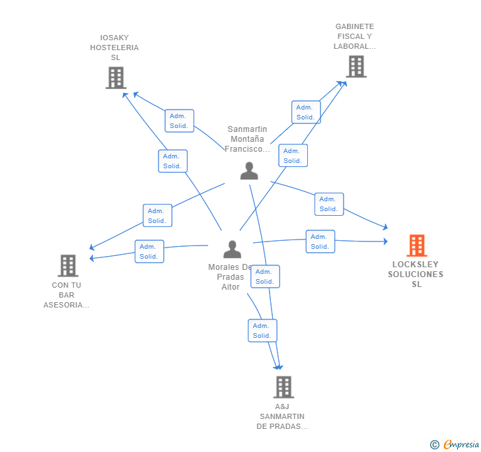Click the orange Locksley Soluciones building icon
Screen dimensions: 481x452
click(x=417, y=245)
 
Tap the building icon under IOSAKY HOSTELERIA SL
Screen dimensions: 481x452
click(x=116, y=78)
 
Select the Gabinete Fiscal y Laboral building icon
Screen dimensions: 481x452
click(x=356, y=67)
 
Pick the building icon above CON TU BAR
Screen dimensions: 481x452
click(x=68, y=266)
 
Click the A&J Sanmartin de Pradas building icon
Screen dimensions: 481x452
click(x=283, y=387)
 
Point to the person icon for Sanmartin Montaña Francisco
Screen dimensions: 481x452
click(x=249, y=171)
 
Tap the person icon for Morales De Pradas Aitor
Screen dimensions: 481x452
click(x=232, y=249)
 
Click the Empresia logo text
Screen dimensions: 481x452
click(x=461, y=444)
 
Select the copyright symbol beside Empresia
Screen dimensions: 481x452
click(x=435, y=444)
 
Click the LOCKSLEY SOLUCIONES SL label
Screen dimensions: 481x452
click(x=416, y=274)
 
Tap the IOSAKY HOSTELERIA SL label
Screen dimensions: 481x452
click(x=114, y=48)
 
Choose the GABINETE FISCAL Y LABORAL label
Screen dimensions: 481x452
click(x=355, y=36)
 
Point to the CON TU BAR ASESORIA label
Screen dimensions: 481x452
click(x=67, y=295)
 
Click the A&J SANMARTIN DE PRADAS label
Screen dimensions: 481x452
click(x=282, y=416)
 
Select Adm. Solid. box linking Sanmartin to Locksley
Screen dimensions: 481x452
click(x=329, y=204)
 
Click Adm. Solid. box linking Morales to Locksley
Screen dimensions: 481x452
click(x=320, y=242)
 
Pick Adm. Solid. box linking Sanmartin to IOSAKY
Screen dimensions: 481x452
click(x=180, y=121)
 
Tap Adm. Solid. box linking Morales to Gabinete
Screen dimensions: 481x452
click(x=293, y=156)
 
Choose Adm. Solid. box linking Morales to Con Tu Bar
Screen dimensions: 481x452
click(x=149, y=251)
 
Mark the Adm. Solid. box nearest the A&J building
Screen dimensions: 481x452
click(x=262, y=331)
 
